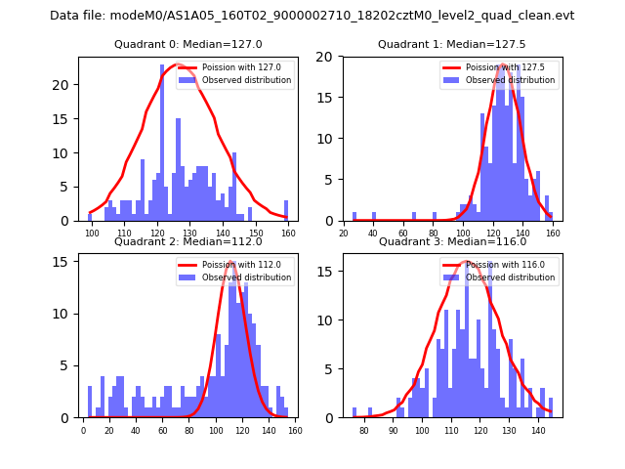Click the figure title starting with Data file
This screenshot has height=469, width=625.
[x=312, y=16]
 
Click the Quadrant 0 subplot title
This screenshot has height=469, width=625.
[x=187, y=44]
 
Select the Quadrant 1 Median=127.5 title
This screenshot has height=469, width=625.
[x=451, y=44]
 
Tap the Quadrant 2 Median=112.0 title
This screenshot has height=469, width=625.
[x=187, y=241]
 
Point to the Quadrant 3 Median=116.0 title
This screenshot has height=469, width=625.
[x=451, y=241]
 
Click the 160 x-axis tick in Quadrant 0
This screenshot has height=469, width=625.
[x=287, y=233]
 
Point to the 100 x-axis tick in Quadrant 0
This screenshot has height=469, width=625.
[x=92, y=233]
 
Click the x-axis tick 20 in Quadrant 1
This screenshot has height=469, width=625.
[x=344, y=233]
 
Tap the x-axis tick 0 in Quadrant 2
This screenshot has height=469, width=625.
[x=83, y=429]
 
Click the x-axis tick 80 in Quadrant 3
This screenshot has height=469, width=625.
[x=364, y=429]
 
